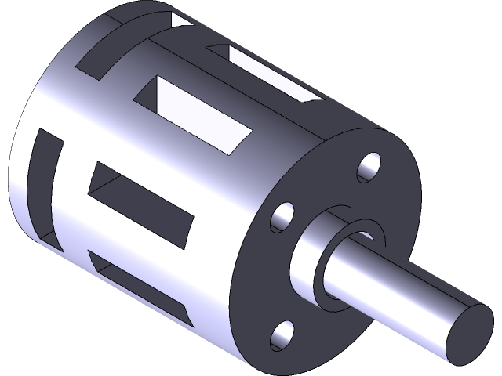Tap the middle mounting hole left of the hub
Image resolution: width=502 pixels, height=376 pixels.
[x=283, y=219]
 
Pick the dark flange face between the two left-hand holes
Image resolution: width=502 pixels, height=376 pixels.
[x=271, y=274]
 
